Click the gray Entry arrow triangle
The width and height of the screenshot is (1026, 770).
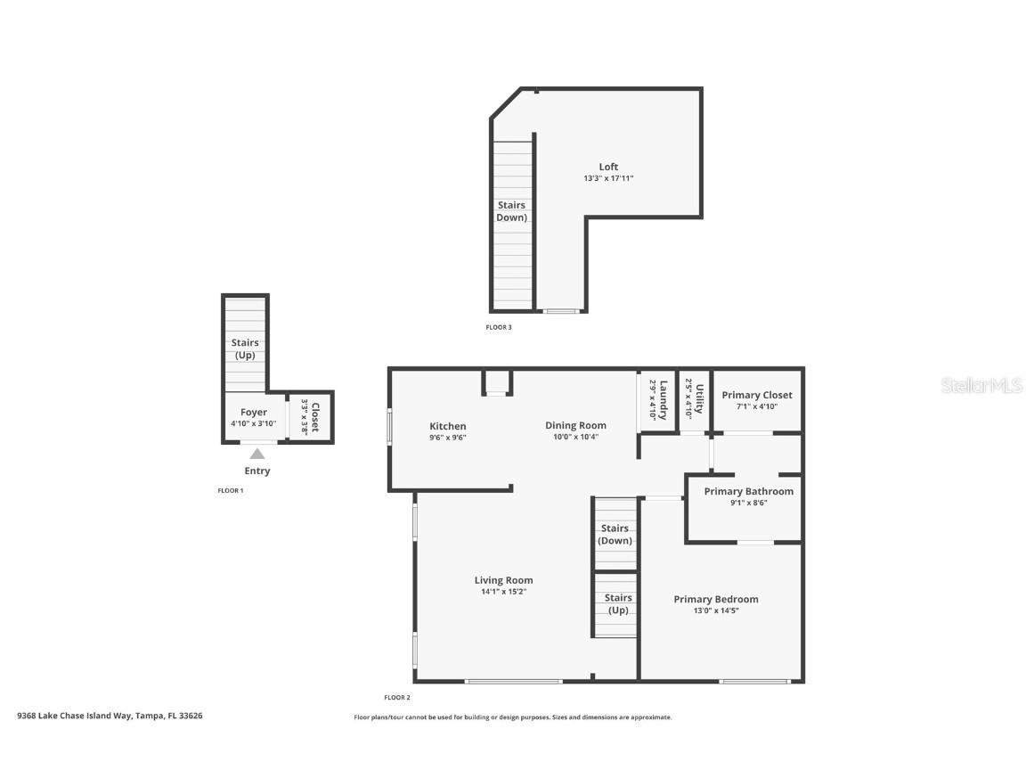point(256,454)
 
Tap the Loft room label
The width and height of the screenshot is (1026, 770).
point(608,167)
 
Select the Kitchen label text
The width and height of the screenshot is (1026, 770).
point(447,426)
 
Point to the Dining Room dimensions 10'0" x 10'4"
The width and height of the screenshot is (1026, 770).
point(575,437)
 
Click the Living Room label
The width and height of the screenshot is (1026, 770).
point(503,580)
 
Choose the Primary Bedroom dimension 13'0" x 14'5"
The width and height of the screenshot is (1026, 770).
point(716,610)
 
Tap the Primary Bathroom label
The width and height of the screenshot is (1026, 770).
point(748,491)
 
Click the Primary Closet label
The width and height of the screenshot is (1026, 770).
point(756,395)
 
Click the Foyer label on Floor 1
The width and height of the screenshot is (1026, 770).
point(254,413)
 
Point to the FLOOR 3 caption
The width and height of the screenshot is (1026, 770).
point(499,327)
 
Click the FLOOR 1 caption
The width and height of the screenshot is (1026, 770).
point(231,490)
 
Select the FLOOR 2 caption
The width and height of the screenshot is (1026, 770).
point(396,697)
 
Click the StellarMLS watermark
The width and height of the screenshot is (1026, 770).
point(981,385)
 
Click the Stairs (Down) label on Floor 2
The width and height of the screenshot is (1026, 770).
point(615,534)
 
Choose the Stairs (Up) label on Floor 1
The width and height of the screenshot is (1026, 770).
point(245,348)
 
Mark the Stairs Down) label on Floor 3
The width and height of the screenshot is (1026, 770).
point(511,211)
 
